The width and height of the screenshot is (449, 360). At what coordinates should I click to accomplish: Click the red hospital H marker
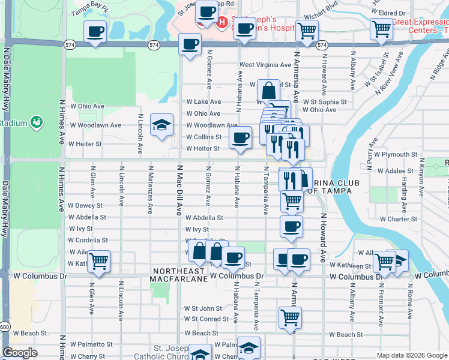221,23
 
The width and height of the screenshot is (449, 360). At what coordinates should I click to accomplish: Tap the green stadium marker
37,122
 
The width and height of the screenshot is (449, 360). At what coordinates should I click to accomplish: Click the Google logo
20,353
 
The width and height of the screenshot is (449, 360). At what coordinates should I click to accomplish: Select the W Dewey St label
86,205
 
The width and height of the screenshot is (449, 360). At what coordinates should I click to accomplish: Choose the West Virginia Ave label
265,64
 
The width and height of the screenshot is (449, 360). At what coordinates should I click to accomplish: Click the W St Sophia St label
324,102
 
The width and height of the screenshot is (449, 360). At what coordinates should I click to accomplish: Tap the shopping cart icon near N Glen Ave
98,261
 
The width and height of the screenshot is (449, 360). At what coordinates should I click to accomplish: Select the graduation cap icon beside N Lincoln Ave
161,125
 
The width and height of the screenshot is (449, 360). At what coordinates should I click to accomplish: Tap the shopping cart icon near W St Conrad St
291,317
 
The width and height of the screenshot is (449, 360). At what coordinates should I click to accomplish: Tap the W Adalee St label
395,170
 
